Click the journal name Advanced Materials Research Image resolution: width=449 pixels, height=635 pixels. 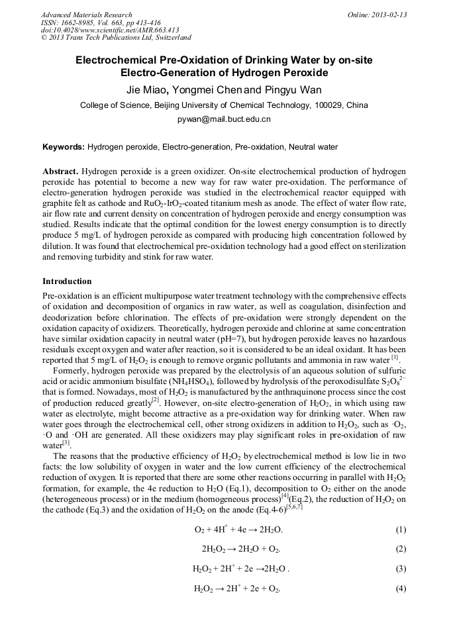click(86, 15)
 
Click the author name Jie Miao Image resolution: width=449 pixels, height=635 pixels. click(148, 89)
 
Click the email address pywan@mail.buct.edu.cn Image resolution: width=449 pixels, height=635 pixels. click(224, 120)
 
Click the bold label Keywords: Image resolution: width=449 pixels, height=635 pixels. click(64, 146)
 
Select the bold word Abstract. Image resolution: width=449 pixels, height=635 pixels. click(61, 171)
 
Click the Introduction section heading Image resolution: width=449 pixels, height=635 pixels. click(67, 281)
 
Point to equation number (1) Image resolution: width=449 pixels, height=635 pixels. click(401, 530)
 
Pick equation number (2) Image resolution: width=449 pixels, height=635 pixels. click(401, 549)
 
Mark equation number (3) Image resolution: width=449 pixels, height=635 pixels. click(401, 568)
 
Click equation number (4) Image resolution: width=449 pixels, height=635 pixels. click(401, 588)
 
